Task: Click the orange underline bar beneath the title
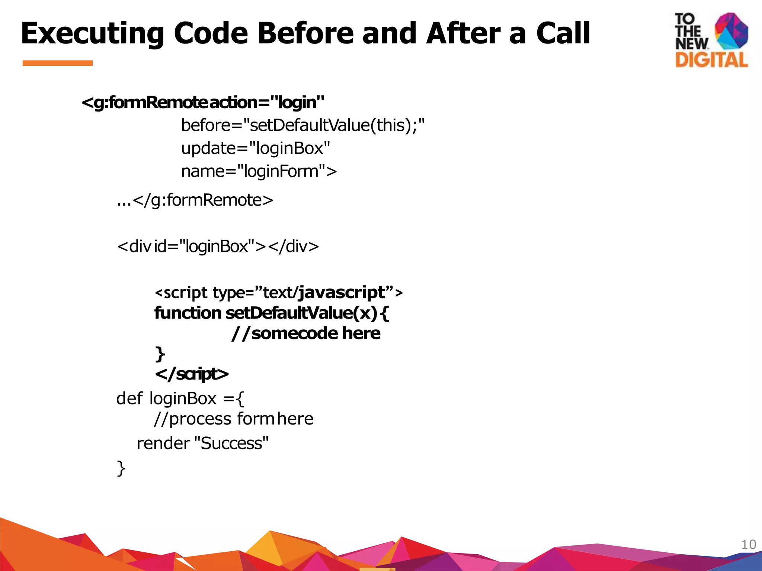pyautogui.click(x=58, y=63)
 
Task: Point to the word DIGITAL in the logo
pyautogui.click(x=711, y=60)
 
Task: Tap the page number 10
pyautogui.click(x=749, y=545)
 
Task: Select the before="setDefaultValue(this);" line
pyautogui.click(x=302, y=125)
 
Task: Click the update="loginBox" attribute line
pyautogui.click(x=256, y=148)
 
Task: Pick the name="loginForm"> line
pyautogui.click(x=259, y=171)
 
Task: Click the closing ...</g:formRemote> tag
pyautogui.click(x=195, y=200)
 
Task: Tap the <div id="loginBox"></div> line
pyautogui.click(x=218, y=246)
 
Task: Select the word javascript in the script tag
pyautogui.click(x=342, y=292)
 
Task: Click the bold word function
pyautogui.click(x=188, y=313)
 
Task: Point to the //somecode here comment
pyautogui.click(x=306, y=333)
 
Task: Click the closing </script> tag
pyautogui.click(x=192, y=374)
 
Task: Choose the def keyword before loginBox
pyautogui.click(x=129, y=399)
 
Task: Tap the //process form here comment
pyautogui.click(x=234, y=419)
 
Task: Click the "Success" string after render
pyautogui.click(x=231, y=443)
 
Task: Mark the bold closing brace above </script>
pyautogui.click(x=160, y=354)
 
